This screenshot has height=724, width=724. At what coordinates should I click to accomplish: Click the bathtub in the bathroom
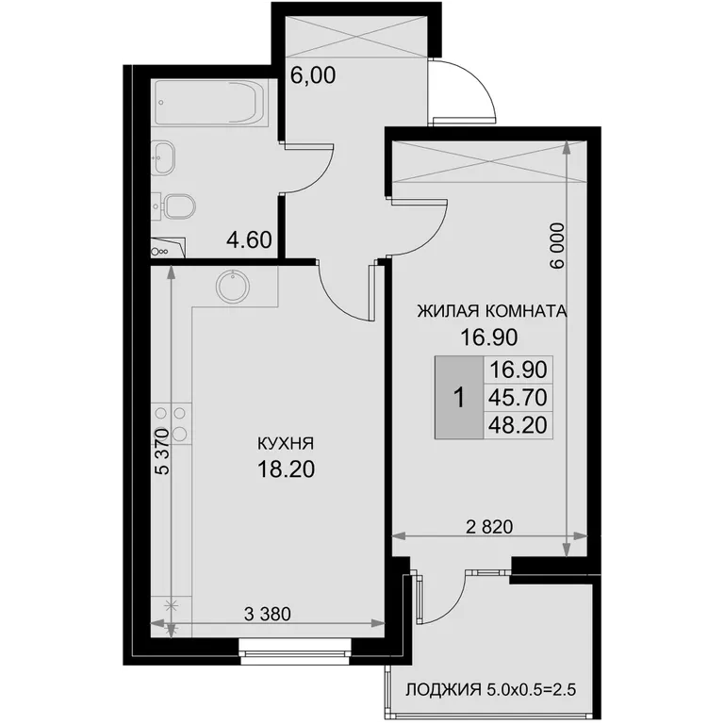[x=209, y=103]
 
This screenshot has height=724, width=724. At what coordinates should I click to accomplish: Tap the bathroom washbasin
[x=164, y=158]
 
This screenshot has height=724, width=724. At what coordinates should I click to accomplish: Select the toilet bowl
[x=180, y=206]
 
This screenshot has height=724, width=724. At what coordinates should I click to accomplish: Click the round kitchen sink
[x=233, y=286]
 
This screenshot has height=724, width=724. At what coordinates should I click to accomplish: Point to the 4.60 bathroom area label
[x=249, y=240]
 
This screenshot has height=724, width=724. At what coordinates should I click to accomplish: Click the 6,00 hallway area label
[x=313, y=75]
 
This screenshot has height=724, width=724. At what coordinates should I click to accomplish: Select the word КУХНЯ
[x=286, y=444]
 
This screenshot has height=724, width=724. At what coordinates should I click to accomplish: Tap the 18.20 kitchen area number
[x=286, y=469]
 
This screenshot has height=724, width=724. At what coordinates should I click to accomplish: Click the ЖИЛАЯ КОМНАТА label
[x=492, y=311]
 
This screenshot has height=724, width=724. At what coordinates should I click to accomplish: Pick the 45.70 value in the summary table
[x=518, y=397]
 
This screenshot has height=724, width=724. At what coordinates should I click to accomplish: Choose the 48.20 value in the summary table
[x=518, y=425]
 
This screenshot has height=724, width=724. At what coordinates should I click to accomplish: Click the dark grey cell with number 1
[x=459, y=397]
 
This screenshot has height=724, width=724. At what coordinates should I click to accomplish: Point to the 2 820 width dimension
[x=489, y=526]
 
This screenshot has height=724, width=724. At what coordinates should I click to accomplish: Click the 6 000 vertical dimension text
[x=557, y=246]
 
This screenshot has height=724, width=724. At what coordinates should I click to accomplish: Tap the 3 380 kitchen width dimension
[x=268, y=614]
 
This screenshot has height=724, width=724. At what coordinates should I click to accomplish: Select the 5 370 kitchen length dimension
[x=162, y=452]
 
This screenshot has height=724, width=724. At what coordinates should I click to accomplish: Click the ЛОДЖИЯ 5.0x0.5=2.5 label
[x=491, y=690]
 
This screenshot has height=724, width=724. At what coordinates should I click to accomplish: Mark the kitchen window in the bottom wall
[x=295, y=652]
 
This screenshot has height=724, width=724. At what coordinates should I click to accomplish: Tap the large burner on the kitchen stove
[x=179, y=434]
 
